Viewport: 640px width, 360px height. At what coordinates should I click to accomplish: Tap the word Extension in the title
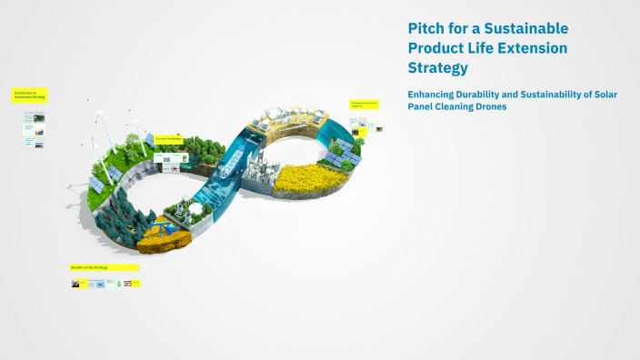point(528,47)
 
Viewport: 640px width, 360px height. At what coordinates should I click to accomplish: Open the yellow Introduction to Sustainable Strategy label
point(30,95)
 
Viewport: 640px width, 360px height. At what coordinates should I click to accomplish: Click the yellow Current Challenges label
point(168,138)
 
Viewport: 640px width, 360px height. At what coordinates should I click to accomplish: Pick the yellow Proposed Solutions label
point(364,106)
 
